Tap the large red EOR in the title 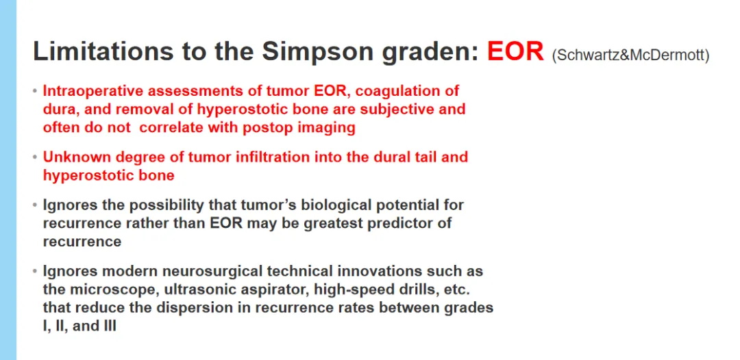516,51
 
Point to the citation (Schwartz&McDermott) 630,55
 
